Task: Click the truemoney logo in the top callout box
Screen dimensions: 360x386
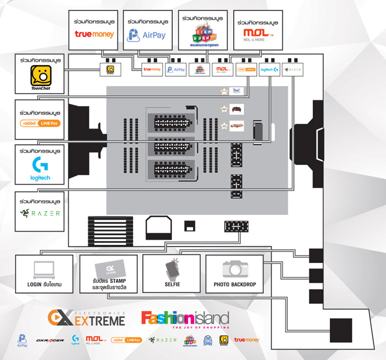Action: (x=94, y=34)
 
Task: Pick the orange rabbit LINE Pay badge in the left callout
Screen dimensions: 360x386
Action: (x=40, y=123)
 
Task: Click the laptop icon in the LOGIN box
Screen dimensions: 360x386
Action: (x=44, y=269)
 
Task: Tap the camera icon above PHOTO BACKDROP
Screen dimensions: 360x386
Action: (x=234, y=268)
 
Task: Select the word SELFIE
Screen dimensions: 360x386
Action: (x=172, y=285)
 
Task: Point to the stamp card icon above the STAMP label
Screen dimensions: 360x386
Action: (x=109, y=269)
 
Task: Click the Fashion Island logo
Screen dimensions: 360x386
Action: (x=184, y=320)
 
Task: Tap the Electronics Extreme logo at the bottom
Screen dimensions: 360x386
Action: (x=86, y=318)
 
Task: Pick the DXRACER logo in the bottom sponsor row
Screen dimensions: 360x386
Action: (x=46, y=341)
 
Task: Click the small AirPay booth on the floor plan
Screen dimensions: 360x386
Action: (x=179, y=70)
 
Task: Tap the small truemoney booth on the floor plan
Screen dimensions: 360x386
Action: (x=152, y=70)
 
